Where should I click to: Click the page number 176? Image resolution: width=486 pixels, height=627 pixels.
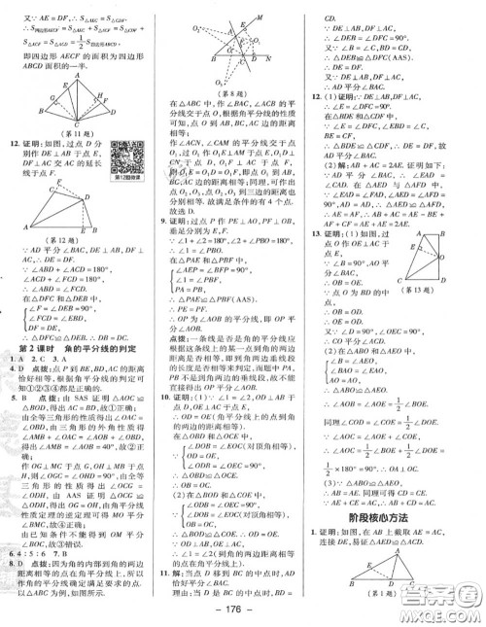tap(242, 611)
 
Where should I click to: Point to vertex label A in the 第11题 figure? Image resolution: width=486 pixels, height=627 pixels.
tap(61, 87)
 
